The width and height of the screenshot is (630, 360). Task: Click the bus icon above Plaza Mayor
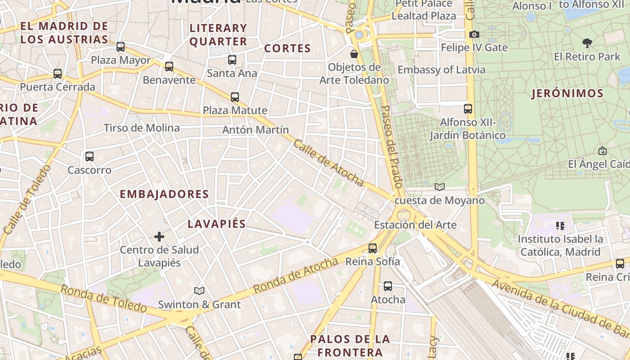[121, 46]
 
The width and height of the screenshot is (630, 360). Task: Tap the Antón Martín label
[256, 130]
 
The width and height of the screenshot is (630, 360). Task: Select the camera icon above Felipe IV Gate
[474, 34]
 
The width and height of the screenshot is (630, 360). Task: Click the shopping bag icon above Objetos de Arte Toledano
[354, 54]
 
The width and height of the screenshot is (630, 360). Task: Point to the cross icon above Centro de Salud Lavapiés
[159, 236]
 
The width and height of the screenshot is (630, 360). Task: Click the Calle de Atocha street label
[328, 163]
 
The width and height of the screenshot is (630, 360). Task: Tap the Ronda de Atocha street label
[295, 275]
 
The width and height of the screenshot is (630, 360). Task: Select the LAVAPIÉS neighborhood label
[216, 224]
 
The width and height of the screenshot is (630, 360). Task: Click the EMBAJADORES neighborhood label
[164, 194]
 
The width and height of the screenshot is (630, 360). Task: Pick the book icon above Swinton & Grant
[199, 291]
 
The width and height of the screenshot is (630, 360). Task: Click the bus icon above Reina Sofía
[373, 248]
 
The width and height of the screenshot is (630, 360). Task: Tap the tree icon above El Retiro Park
[587, 43]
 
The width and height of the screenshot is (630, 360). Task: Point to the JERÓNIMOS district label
[567, 94]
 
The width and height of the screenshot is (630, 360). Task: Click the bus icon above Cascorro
[90, 157]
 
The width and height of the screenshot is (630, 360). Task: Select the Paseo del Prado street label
[391, 147]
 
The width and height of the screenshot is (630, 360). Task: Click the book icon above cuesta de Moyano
[440, 187]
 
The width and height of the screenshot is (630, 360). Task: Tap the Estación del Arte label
[415, 225]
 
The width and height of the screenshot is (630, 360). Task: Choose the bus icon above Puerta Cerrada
[58, 73]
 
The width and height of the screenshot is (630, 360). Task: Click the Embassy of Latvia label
[441, 70]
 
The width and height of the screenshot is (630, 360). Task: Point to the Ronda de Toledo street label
[103, 299]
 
